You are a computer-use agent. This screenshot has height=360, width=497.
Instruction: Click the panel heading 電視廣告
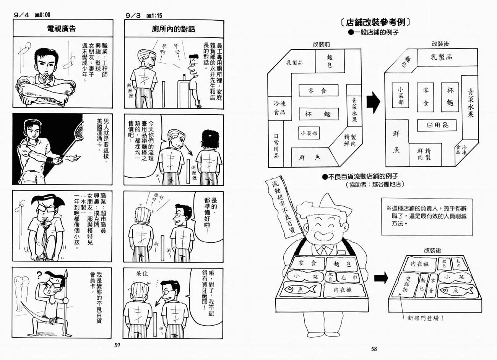[x=61, y=29]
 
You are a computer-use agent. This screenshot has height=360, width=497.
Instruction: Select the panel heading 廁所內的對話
[x=173, y=29]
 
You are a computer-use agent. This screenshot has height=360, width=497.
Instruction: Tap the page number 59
[x=117, y=345]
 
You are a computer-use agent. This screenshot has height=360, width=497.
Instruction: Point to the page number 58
[x=374, y=349]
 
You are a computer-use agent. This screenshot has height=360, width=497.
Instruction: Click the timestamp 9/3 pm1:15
[x=143, y=16]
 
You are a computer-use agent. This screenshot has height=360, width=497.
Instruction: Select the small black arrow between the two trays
[x=380, y=278]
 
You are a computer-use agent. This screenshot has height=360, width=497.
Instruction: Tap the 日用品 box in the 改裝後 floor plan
[x=437, y=125]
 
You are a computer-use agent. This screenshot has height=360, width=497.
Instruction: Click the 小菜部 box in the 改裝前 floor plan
[x=309, y=133]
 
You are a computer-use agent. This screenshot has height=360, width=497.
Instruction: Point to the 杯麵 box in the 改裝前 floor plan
[x=318, y=114]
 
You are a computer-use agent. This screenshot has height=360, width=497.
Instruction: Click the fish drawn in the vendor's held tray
[x=300, y=289]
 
